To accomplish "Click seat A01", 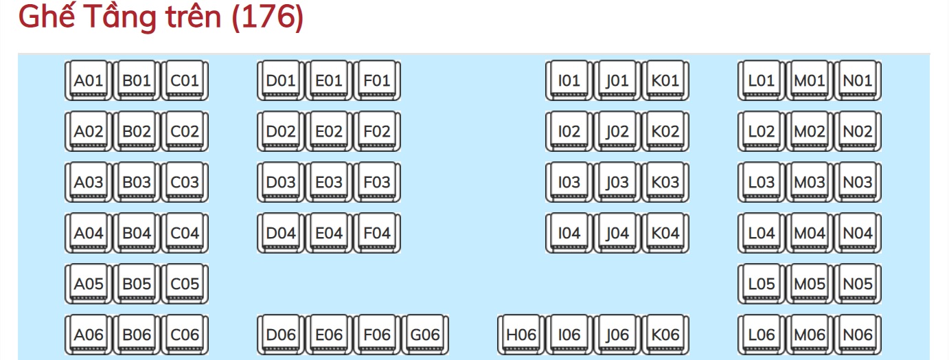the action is [x=88, y=80].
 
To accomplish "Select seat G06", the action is [x=425, y=335].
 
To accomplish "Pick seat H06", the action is [x=521, y=335].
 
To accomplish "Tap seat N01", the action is [x=858, y=80].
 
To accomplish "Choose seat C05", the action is [x=184, y=284].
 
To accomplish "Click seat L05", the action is [x=762, y=284].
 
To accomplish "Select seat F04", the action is [x=376, y=233].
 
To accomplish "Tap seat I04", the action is [x=569, y=233].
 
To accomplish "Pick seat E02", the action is [x=329, y=131].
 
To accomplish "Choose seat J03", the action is [x=617, y=182].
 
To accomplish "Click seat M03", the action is [x=810, y=182].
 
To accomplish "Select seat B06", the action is [x=137, y=335].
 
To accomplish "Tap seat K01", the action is [x=665, y=80].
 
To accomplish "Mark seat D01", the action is [x=280, y=80].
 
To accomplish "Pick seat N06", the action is [x=858, y=335].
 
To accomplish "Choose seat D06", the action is [x=280, y=335].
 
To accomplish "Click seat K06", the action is [x=665, y=335].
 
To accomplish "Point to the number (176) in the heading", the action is [x=268, y=17].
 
